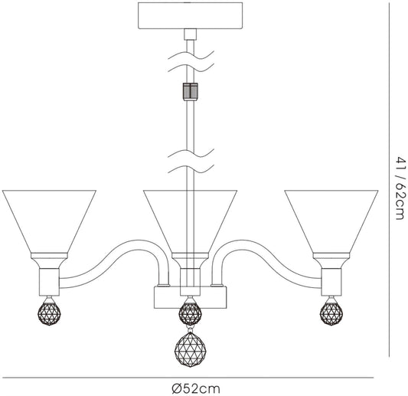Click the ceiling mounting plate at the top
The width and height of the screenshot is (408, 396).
[190, 15]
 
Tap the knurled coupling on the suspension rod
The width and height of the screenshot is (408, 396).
[190, 92]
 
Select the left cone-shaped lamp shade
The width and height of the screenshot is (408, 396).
[49, 221]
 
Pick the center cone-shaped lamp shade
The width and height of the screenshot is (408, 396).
[190, 221]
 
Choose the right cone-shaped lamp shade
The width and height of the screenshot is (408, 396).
[331, 221]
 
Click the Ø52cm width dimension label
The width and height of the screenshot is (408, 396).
[196, 389]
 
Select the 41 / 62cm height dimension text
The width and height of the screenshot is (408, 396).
[400, 188]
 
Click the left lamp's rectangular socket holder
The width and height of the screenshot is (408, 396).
[49, 282]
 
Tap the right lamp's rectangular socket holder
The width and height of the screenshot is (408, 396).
[331, 282]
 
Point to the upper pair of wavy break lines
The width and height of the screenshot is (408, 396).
[191, 61]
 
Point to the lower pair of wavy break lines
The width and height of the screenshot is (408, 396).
[191, 161]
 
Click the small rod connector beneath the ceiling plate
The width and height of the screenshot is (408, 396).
[190, 34]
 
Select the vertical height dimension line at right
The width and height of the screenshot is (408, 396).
[390, 180]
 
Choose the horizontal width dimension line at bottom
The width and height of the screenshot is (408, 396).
[188, 378]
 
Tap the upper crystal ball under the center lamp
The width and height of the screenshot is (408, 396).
[190, 312]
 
